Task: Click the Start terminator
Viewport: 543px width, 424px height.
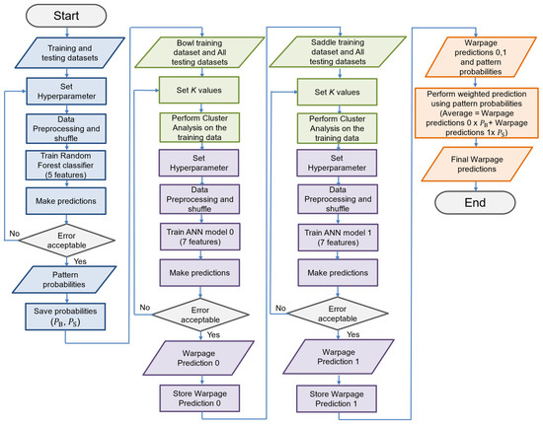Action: pyautogui.click(x=66, y=16)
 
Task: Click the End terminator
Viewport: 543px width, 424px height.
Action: pyautogui.click(x=475, y=203)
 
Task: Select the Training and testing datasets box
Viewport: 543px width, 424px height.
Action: pyautogui.click(x=70, y=53)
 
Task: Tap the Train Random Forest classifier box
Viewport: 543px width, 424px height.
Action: pyautogui.click(x=66, y=166)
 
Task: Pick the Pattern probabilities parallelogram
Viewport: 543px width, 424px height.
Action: pyautogui.click(x=64, y=280)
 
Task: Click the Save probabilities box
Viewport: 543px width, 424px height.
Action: pyautogui.click(x=65, y=317)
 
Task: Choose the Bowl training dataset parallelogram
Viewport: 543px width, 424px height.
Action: pyautogui.click(x=199, y=52)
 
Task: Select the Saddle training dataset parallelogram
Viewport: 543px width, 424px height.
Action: pyautogui.click(x=338, y=52)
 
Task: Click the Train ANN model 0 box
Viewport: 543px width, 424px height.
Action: pyautogui.click(x=199, y=237)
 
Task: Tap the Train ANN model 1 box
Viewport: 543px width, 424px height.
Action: pyautogui.click(x=338, y=238)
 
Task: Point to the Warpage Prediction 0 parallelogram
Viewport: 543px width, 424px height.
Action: pyautogui.click(x=198, y=358)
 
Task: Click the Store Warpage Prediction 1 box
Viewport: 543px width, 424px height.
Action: pyautogui.click(x=337, y=398)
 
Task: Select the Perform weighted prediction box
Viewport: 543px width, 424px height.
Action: pyautogui.click(x=477, y=113)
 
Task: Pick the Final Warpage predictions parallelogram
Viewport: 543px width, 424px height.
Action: pyautogui.click(x=477, y=165)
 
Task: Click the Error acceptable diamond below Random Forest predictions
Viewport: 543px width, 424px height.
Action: pyautogui.click(x=66, y=241)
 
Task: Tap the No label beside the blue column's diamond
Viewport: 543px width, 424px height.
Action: pyautogui.click(x=14, y=234)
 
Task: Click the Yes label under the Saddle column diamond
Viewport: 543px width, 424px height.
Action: pyautogui.click(x=352, y=334)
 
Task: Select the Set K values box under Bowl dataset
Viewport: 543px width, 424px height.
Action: pyautogui.click(x=199, y=90)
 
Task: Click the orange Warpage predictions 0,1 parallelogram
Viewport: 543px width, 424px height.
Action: pyautogui.click(x=481, y=57)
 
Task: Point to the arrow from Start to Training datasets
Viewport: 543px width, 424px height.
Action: pyautogui.click(x=67, y=33)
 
